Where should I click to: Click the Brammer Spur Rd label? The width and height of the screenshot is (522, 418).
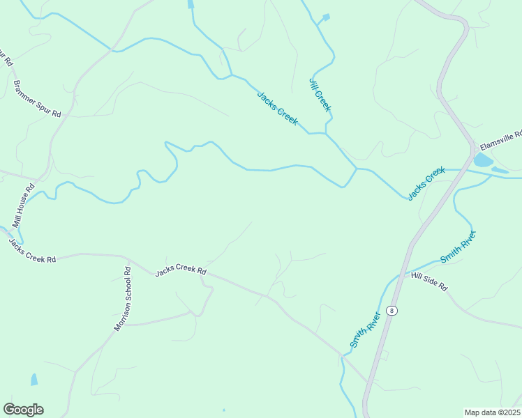pyautogui.click(x=37, y=99)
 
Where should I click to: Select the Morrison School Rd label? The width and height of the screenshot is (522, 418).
pyautogui.click(x=123, y=299)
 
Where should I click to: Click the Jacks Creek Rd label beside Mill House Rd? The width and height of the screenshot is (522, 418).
pyautogui.click(x=31, y=250)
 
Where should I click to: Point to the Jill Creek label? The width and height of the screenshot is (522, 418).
pyautogui.click(x=320, y=94)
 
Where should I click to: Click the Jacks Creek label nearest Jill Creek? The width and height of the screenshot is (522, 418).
pyautogui.click(x=277, y=109)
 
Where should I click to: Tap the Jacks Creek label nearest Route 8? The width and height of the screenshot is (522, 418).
pyautogui.click(x=426, y=183)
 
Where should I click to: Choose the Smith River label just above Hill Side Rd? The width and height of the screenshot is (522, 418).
pyautogui.click(x=458, y=246)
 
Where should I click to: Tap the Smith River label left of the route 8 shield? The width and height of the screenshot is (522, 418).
pyautogui.click(x=365, y=330)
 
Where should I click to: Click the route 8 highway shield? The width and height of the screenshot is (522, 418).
pyautogui.click(x=392, y=311)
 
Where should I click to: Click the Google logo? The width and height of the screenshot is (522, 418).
pyautogui.click(x=23, y=410)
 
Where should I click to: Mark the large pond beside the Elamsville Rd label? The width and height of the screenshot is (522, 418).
pyautogui.click(x=482, y=160)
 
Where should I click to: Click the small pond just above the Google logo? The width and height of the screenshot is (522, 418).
pyautogui.click(x=33, y=380)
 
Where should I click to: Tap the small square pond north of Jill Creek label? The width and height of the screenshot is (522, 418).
pyautogui.click(x=326, y=17)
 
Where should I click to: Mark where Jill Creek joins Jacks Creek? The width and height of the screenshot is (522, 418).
pyautogui.click(x=326, y=132)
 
